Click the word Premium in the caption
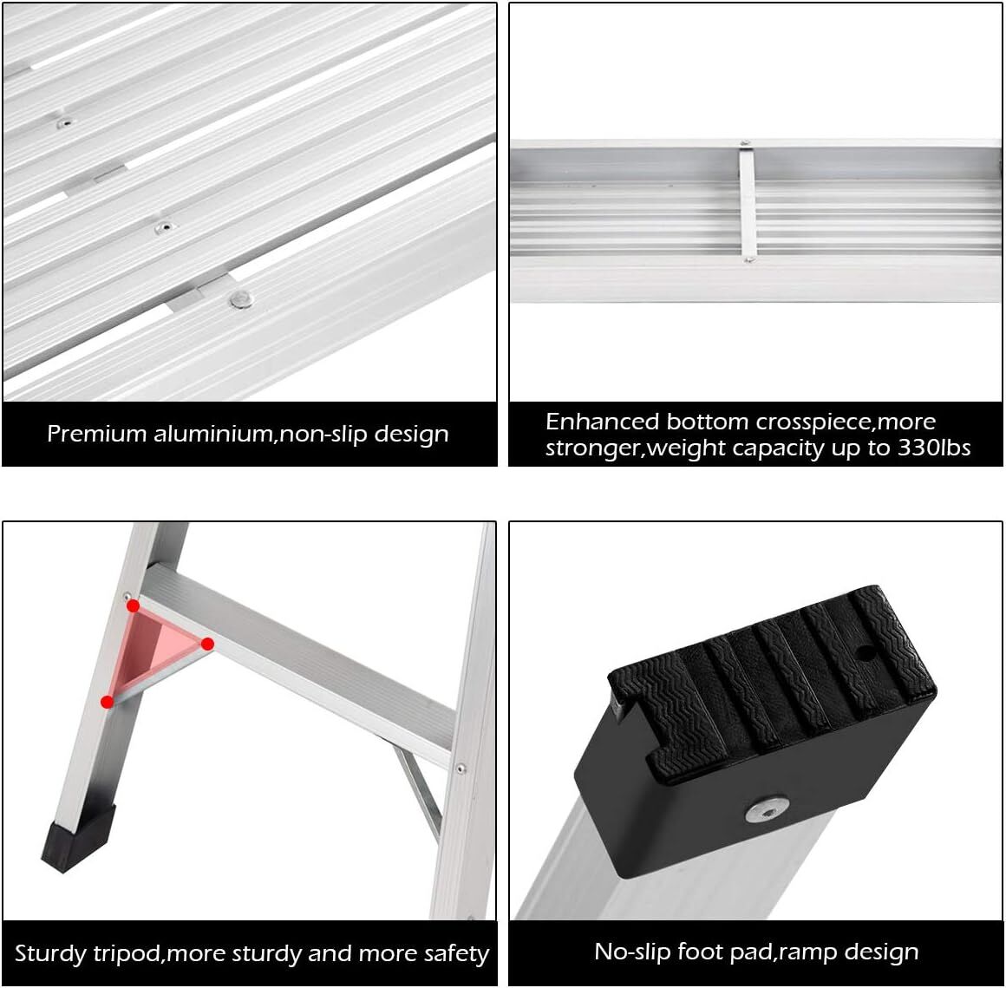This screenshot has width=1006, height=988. [97, 434]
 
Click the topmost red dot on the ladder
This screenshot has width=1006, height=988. [133, 605]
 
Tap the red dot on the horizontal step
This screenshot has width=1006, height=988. [207, 644]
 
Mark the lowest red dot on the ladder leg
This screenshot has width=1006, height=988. [108, 702]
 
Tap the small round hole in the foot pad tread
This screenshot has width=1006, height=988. [866, 654]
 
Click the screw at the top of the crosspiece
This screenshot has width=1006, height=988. [745, 144]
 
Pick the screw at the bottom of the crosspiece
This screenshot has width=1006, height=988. [748, 260]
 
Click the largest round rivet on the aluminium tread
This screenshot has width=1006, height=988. [241, 299]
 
